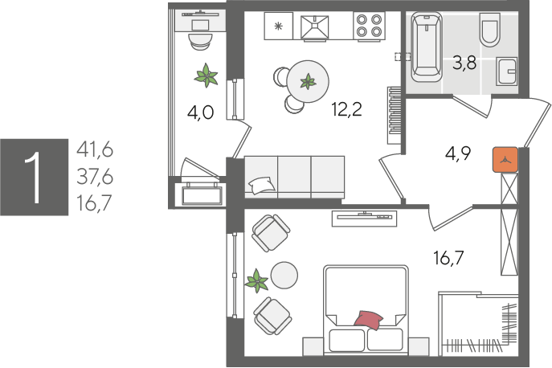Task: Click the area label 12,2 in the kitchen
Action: point(346,109)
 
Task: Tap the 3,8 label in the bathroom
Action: point(464,63)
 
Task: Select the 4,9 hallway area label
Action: point(458,153)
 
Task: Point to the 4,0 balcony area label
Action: point(200,113)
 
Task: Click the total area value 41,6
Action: point(95,149)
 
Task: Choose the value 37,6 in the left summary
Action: point(95,177)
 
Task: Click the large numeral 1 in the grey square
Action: point(35,178)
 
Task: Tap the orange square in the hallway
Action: point(505,160)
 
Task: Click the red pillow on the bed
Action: point(369,320)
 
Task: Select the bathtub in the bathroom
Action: point(426,47)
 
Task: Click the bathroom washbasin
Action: point(506,72)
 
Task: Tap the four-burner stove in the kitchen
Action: point(369,26)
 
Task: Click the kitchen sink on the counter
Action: point(315,27)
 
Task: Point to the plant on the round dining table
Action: point(308,81)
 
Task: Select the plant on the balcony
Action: point(206,75)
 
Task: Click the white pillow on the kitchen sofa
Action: point(261,186)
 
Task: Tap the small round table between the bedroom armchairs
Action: point(284,276)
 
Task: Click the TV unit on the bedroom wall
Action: point(364,219)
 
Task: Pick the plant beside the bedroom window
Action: point(257,280)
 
